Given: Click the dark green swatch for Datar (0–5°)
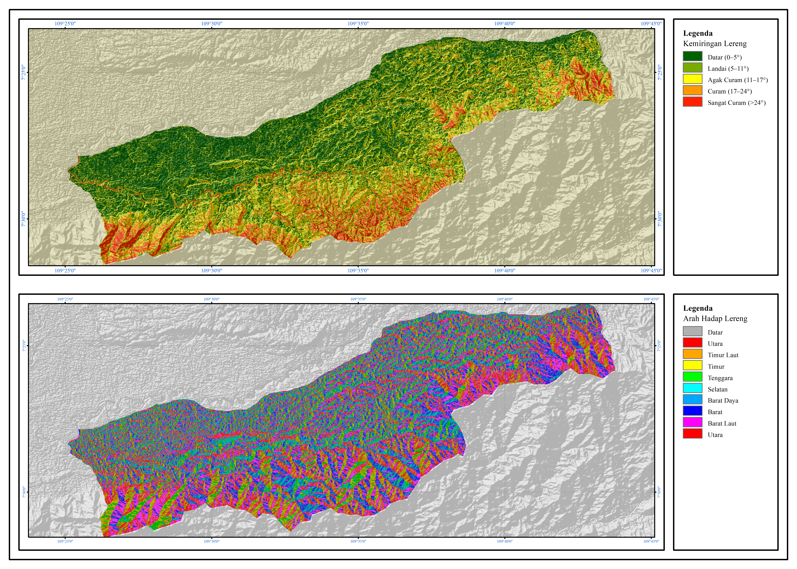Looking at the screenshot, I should click(x=692, y=56).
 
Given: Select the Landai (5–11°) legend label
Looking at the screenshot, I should click(x=728, y=69).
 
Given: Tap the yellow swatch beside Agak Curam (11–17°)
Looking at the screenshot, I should click(x=692, y=79).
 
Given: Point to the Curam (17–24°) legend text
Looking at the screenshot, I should click(x=729, y=91).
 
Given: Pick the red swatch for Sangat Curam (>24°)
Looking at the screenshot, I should click(x=692, y=102).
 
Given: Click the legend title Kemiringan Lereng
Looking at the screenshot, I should click(x=715, y=44).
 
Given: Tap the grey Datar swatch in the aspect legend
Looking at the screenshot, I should click(x=692, y=331).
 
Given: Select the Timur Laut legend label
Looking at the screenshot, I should click(x=723, y=355).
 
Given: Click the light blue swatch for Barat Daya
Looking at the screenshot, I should click(x=692, y=400).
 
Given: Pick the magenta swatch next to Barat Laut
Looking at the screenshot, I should click(x=692, y=423).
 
